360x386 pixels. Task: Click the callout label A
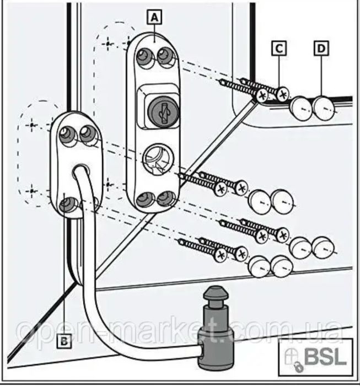[154, 17]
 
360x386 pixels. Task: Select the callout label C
[280, 48]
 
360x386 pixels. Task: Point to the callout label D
[321, 48]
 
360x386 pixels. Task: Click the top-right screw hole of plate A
[164, 54]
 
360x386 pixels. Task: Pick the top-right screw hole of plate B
[86, 132]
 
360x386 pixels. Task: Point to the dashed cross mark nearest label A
[109, 42]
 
